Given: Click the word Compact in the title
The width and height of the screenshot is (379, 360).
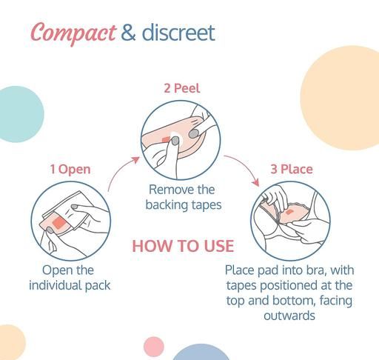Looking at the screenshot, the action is point(73,33).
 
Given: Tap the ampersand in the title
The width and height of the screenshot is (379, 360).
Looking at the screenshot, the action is point(128,33).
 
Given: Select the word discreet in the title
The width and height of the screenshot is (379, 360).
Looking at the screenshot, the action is point(178,33).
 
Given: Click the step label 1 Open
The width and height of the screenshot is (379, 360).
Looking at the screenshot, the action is point(70,170).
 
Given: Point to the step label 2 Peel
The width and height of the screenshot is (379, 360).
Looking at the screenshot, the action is point(182,88).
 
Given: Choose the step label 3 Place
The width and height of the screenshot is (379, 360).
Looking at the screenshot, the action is point(292,169).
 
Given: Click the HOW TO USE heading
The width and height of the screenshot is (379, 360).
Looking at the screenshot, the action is point(183,246).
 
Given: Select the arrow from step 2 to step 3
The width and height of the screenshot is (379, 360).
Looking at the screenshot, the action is point(243,168).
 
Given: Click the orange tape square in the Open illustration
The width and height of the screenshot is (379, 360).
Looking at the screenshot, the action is point(59,223).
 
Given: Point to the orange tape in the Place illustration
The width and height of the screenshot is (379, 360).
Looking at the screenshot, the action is point(289,212).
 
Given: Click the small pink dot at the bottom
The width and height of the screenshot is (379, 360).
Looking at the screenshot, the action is point(154,347).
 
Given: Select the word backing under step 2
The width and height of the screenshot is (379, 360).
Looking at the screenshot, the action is point(167,205).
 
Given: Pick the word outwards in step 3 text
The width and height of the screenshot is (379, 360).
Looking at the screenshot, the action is point(289,316).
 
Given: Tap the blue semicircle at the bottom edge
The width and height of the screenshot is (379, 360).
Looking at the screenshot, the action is point(201,352).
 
